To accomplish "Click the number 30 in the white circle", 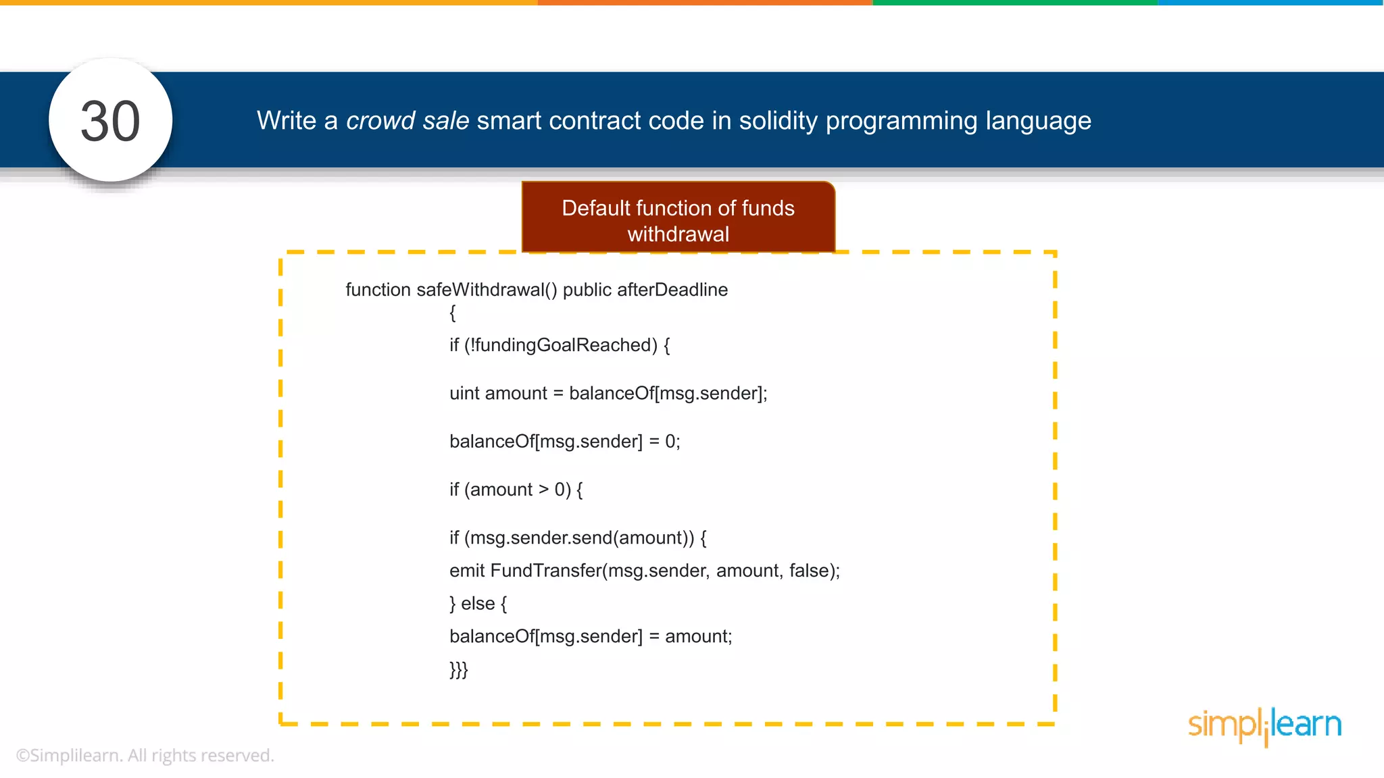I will point(110,122).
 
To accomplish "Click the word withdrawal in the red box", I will point(678,234).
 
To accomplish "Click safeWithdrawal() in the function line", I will point(487,290).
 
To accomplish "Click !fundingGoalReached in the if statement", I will point(561,345).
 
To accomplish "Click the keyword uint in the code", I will point(464,393).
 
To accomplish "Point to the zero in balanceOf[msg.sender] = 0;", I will point(670,442).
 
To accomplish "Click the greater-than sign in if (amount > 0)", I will point(543,490).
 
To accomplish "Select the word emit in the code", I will point(467,571).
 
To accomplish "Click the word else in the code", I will point(478,603).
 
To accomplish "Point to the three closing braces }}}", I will point(458,669).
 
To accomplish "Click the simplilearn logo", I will point(1264,725).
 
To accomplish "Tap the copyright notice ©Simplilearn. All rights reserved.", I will point(145,755).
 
